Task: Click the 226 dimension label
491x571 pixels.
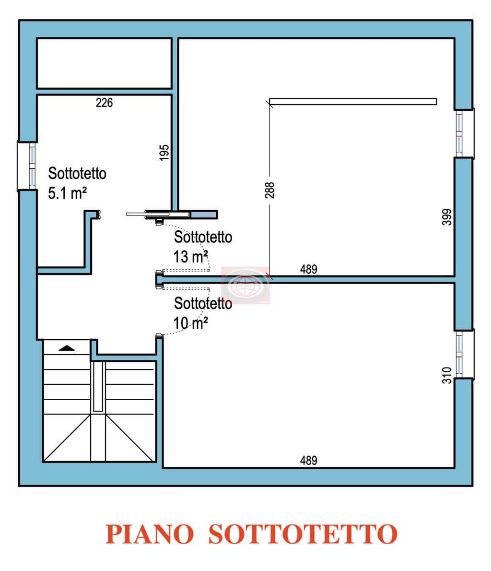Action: pos(104,103)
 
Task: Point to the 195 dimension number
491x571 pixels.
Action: pos(164,152)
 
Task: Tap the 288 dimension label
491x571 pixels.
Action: pos(269,190)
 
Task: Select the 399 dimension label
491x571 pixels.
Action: pos(446,217)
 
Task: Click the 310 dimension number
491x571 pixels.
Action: pos(446,375)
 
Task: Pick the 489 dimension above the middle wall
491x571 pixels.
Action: pos(309,269)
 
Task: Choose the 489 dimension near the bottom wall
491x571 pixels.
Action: pos(309,460)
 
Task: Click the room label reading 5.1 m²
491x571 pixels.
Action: pos(67,192)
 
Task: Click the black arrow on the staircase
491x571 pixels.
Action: pos(67,348)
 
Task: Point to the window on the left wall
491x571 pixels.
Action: pos(27,166)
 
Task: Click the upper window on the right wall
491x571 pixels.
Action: pos(464,133)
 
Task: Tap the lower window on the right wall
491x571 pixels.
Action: pos(464,354)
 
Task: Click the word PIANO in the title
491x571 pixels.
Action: pos(150,534)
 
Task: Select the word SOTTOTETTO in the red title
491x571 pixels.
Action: pos(303,534)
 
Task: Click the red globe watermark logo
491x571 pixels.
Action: pos(245,285)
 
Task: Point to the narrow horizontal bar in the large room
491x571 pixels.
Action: pos(353,102)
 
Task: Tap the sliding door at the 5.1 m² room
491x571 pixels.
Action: pos(158,214)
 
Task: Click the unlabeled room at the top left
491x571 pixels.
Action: pos(104,63)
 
